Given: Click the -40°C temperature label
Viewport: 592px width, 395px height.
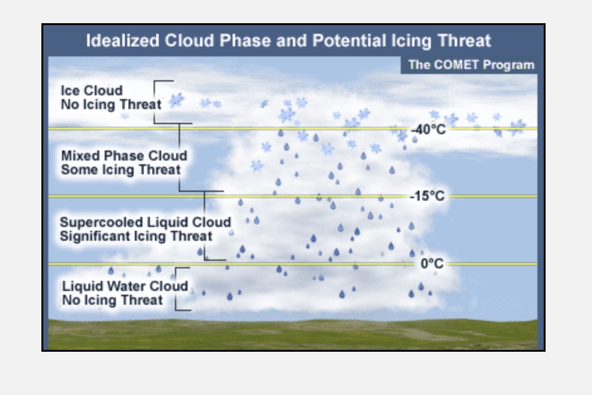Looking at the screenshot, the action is click(x=428, y=130).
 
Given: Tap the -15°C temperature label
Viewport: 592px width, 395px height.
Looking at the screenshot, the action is click(x=427, y=196).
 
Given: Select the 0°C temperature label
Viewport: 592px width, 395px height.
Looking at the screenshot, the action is click(x=432, y=263).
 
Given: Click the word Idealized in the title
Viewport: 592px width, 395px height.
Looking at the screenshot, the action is click(x=122, y=40).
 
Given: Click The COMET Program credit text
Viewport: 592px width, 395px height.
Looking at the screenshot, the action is click(x=471, y=65).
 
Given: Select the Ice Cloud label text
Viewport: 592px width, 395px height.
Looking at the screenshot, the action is click(x=92, y=91).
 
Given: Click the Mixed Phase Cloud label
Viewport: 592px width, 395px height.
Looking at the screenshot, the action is click(x=124, y=155).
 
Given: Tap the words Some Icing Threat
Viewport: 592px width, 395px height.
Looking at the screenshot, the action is click(x=121, y=169).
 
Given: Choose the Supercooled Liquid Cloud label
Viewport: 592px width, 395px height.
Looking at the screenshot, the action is click(x=145, y=222).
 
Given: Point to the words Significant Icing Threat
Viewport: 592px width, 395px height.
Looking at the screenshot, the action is click(x=136, y=236).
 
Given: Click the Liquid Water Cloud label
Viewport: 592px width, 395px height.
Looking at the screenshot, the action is click(x=125, y=286).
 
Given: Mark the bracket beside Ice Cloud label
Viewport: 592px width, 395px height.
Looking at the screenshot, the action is click(x=154, y=102).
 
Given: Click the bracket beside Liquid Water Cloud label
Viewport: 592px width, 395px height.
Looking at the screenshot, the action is click(x=176, y=289).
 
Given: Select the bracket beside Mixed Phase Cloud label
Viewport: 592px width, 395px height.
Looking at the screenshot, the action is click(x=179, y=157).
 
